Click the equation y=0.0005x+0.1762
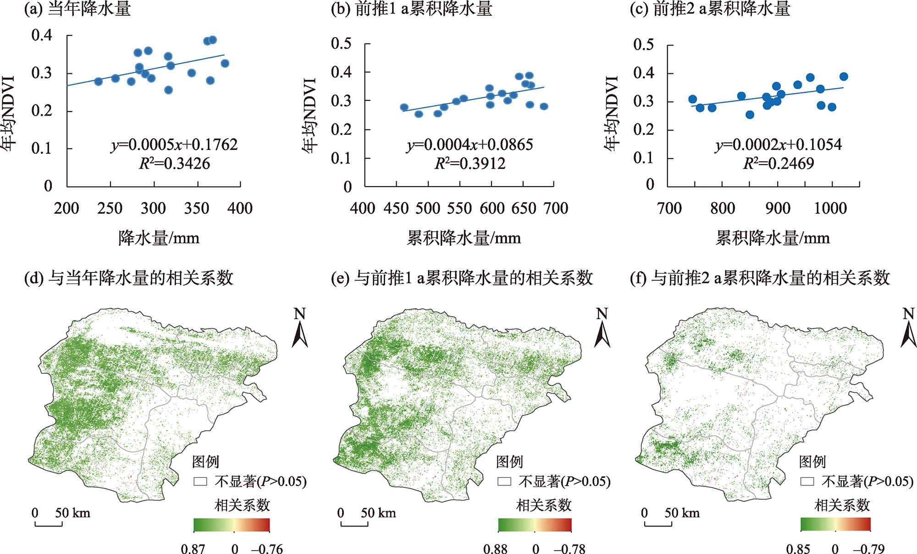(174, 145)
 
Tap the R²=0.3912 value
(470, 164)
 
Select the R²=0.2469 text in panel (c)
(779, 164)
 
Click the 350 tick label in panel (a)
(197, 208)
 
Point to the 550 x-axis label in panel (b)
(459, 209)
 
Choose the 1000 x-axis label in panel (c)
(830, 209)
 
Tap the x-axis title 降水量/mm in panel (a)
(159, 238)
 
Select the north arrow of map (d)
(300, 328)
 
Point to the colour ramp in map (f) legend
(835, 524)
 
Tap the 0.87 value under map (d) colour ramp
(193, 548)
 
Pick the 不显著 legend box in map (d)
(200, 482)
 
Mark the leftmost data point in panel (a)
(99, 81)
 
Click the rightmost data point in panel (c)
(844, 77)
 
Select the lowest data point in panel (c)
(750, 115)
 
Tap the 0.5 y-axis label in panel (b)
(341, 44)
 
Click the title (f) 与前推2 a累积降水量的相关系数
(760, 278)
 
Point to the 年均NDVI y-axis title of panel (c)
(611, 114)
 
